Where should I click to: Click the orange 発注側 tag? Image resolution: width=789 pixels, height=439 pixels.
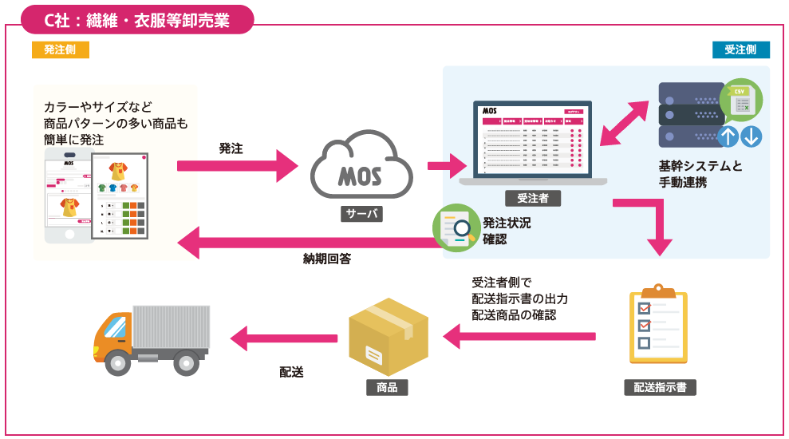click(60, 49)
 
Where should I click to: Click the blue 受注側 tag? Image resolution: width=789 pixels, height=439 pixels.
click(740, 49)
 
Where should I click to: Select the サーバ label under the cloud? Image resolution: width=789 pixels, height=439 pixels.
click(361, 214)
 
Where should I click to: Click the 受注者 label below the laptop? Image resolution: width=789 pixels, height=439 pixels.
click(533, 197)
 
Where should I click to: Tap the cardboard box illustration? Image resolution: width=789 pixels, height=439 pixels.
click(389, 336)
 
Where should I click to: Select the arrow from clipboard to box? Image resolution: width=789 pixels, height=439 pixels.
click(519, 337)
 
